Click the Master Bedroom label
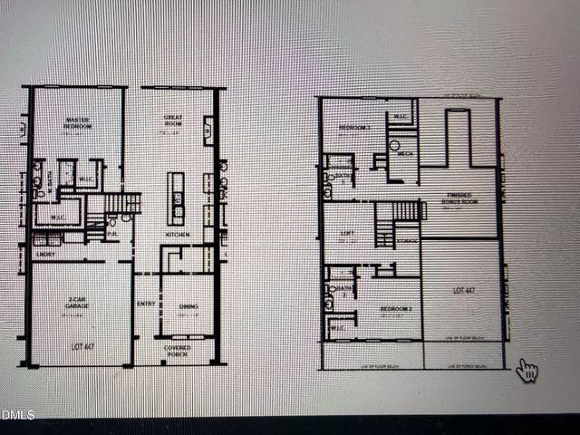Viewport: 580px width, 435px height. click(x=78, y=122)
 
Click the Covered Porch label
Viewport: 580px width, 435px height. click(x=178, y=350)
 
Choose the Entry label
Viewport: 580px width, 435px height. click(x=145, y=304)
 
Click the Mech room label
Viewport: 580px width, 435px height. click(x=405, y=153)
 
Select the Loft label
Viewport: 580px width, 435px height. click(x=345, y=233)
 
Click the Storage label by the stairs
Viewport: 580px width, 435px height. click(x=409, y=240)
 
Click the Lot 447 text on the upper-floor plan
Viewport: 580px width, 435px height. click(x=464, y=292)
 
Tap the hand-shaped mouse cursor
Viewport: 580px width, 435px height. click(x=527, y=370)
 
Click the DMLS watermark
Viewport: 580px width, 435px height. click(x=18, y=415)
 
